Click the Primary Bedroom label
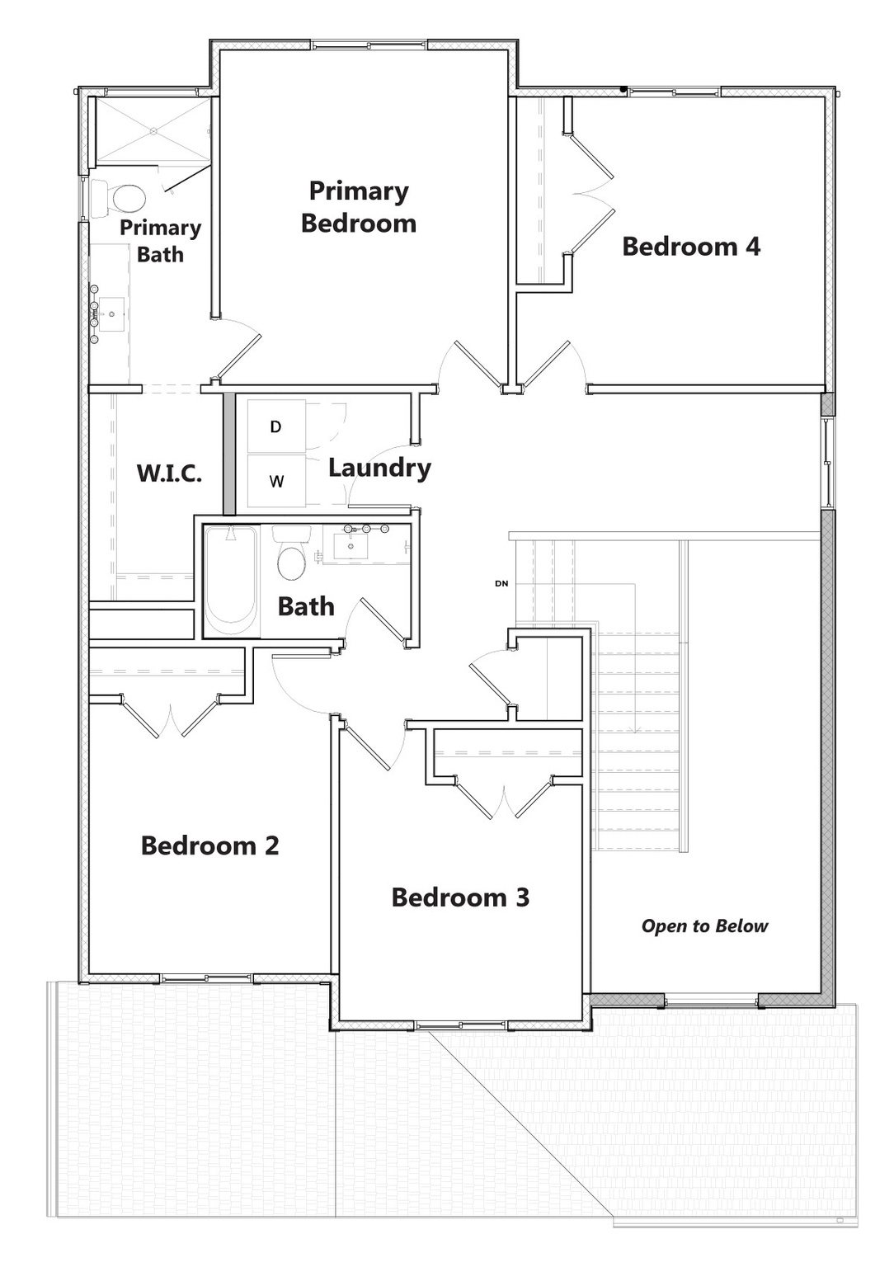pos(359,207)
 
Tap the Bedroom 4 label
pos(691,247)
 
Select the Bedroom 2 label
pos(209,845)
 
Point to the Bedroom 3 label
pos(460,897)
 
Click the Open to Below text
pos(704,926)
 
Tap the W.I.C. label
pos(169,473)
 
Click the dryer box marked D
pos(276,426)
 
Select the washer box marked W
pos(276,481)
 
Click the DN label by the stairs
pos(501,584)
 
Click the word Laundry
pos(379,468)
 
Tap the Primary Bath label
pos(160,241)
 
